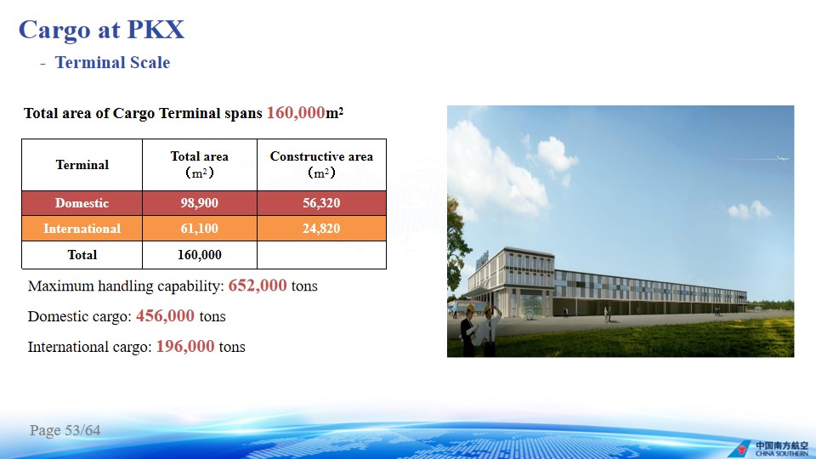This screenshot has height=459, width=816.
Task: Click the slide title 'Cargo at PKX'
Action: (x=101, y=30)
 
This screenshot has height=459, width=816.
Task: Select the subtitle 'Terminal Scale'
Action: (x=112, y=62)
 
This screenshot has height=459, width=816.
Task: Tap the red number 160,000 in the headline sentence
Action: (x=296, y=112)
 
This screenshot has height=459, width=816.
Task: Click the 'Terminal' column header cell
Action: (x=82, y=165)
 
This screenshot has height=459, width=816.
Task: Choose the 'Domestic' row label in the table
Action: (x=82, y=203)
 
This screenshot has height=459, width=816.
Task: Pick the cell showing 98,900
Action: (x=199, y=203)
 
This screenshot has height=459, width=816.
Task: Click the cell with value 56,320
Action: (x=321, y=203)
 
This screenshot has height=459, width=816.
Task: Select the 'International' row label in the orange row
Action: (x=82, y=229)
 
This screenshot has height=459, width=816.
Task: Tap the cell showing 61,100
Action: (x=199, y=229)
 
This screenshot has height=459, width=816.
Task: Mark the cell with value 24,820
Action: (x=321, y=229)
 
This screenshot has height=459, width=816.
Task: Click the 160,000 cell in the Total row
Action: (x=199, y=255)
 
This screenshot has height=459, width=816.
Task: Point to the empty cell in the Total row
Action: (x=321, y=255)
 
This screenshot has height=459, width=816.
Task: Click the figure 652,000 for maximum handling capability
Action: (x=257, y=286)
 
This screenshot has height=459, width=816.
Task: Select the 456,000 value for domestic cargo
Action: (x=165, y=316)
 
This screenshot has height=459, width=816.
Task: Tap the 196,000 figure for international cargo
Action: (x=185, y=346)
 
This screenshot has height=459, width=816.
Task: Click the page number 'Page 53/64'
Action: (x=65, y=430)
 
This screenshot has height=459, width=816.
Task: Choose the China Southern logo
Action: (x=769, y=449)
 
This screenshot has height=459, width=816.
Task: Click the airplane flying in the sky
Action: (x=782, y=158)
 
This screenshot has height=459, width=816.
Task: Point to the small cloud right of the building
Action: (x=750, y=210)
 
